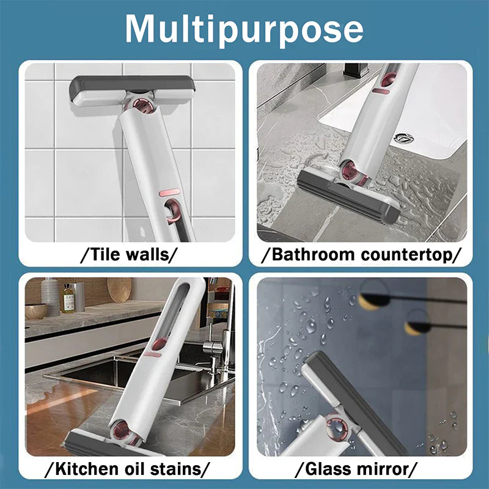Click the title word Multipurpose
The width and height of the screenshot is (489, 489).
click(244, 29)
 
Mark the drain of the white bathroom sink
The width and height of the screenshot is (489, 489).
click(403, 137)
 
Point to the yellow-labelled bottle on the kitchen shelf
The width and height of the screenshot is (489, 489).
click(68, 298)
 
